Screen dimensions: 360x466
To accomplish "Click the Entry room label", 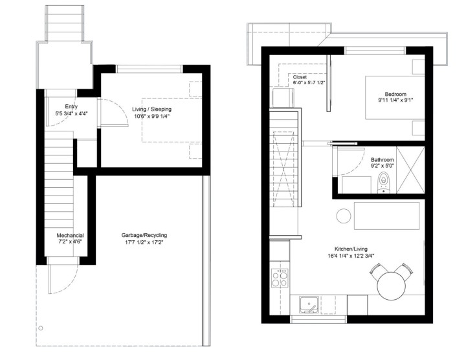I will point(71,107).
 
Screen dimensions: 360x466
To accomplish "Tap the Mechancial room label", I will point(70,235).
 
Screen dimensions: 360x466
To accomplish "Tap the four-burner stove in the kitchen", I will point(280,279).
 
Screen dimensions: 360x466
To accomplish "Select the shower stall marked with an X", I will point(410,170).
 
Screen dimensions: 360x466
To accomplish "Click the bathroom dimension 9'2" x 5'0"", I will point(384,166).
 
